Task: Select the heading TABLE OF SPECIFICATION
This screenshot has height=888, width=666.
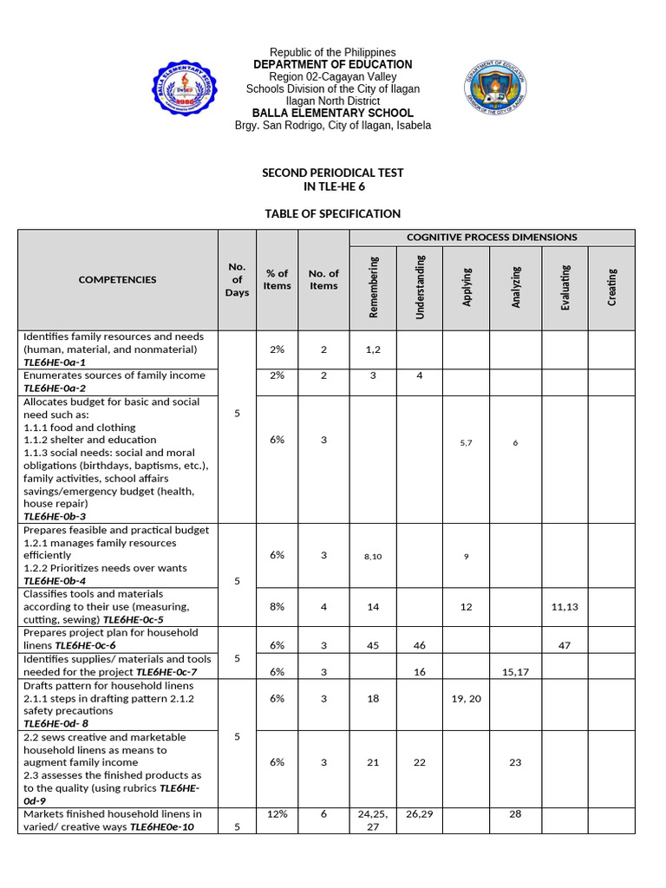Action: [333, 213]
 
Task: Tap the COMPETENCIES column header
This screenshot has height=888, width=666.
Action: [118, 279]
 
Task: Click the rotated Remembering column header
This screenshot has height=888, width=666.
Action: [374, 287]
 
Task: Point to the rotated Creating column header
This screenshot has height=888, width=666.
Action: [612, 287]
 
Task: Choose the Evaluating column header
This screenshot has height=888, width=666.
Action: [565, 287]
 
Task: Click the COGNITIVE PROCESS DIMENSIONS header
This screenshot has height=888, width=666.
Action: [492, 237]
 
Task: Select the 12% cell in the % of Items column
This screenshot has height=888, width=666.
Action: [277, 814]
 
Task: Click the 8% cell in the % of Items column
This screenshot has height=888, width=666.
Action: [277, 607]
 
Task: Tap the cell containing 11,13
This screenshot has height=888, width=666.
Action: [565, 607]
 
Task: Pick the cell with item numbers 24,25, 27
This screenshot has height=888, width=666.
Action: [374, 820]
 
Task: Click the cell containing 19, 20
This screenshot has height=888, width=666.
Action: [467, 698]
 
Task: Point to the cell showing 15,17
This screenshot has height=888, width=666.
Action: [515, 672]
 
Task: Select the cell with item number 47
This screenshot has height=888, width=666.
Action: [565, 646]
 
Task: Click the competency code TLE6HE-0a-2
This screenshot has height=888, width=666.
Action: [55, 388]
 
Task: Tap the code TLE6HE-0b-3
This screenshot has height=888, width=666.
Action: [55, 517]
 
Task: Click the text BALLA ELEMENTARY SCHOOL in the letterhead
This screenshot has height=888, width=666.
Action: [333, 114]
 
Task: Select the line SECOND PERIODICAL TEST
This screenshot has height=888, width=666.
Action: [333, 173]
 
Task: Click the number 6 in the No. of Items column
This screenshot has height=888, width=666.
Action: [323, 814]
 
